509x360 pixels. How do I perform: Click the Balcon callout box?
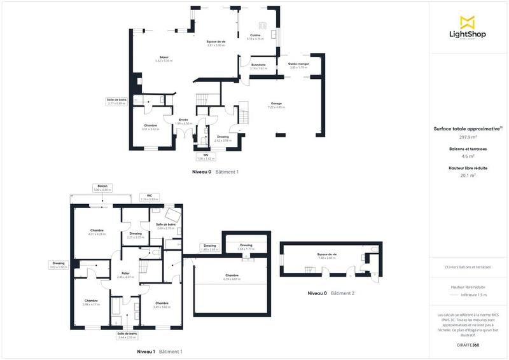point(102,188)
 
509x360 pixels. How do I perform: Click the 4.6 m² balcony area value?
point(468,155)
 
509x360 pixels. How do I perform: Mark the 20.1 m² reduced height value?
point(468,176)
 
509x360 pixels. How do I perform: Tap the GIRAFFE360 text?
point(468,343)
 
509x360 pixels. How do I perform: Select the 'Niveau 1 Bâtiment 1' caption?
point(160,352)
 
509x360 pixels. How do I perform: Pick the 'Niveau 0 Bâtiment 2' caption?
point(331,293)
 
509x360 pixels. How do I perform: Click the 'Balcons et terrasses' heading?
point(468,148)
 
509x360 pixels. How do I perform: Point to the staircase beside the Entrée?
point(202,100)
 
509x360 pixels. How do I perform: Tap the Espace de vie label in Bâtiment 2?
point(326,255)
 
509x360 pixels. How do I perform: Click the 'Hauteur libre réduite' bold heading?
point(468,169)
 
